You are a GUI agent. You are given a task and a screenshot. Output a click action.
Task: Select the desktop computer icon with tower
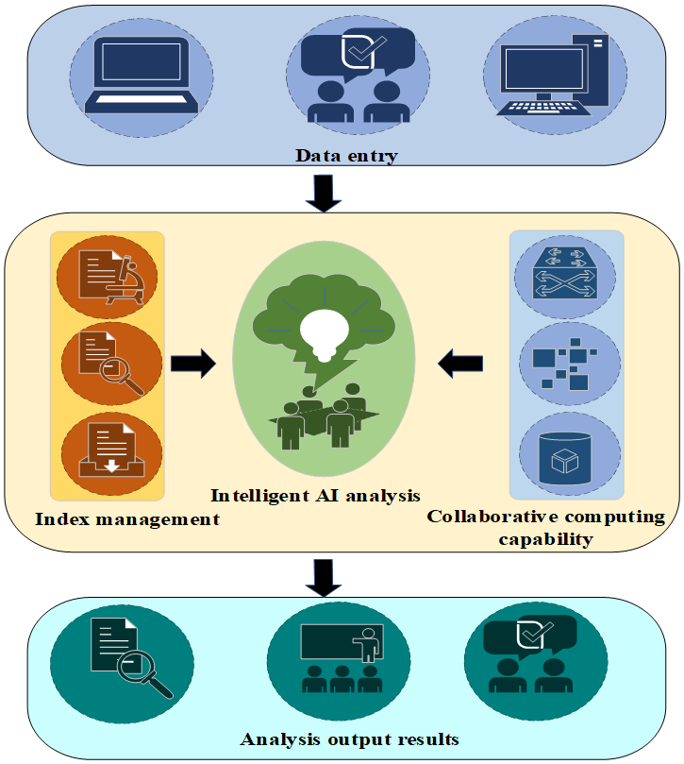[x=553, y=75]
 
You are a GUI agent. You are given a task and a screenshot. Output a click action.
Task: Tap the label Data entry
[x=346, y=156]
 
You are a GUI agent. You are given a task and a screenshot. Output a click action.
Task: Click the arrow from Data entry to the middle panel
[x=324, y=194]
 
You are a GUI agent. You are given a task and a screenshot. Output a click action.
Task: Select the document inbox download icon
[x=111, y=450]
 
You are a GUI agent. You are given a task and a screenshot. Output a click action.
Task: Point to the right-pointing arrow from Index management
[x=193, y=364]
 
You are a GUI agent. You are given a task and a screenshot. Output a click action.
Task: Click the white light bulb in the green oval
[x=325, y=334]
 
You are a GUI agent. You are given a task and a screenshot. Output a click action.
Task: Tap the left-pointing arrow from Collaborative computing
[x=460, y=364]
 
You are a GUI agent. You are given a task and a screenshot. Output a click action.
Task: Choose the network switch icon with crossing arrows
[x=565, y=273]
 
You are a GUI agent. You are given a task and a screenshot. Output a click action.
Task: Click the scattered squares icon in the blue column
[x=565, y=363]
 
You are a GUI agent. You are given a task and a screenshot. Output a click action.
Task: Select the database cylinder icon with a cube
[x=565, y=457]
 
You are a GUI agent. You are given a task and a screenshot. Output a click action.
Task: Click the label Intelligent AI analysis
[x=315, y=496]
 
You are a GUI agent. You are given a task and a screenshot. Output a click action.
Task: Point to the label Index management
[x=127, y=519]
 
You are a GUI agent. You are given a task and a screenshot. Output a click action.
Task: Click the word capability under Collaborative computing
[x=545, y=539]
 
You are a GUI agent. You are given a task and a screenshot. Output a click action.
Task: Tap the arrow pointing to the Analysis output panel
[x=324, y=578]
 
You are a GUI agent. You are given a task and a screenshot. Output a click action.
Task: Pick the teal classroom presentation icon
[x=342, y=658]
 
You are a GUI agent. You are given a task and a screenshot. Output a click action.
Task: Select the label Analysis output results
[x=349, y=739]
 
